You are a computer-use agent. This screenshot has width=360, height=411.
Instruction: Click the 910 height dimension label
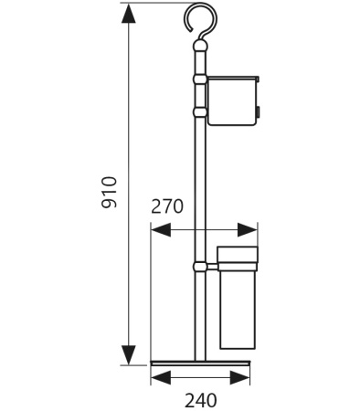coord(109,192)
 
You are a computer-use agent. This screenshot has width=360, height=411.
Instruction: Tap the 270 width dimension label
coord(167,206)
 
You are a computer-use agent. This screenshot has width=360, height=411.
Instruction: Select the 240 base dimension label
coord(201,400)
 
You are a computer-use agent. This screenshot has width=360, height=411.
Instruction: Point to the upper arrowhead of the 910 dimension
coord(129,13)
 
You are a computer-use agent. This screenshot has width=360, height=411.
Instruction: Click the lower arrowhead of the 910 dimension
coord(129,355)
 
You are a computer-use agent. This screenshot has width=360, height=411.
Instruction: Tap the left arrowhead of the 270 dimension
coord(161,230)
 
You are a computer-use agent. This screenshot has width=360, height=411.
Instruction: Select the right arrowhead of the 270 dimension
coord(248,230)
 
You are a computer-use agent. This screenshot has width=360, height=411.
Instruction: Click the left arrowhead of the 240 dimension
coord(161,378)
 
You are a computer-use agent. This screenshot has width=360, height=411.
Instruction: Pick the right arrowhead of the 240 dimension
coord(240,378)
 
